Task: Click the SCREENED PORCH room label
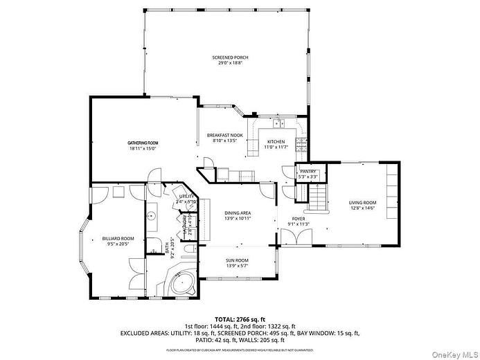pyautogui.click(x=230, y=57)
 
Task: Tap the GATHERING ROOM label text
pyautogui.click(x=143, y=143)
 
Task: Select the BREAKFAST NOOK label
pyautogui.click(x=225, y=135)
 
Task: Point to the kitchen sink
pyautogui.click(x=280, y=125)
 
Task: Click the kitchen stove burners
pyautogui.click(x=301, y=145)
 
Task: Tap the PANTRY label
pyautogui.click(x=308, y=171)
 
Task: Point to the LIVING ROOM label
pyautogui.click(x=362, y=202)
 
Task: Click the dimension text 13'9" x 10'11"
pyautogui.click(x=237, y=218)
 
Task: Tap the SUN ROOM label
pyautogui.click(x=237, y=260)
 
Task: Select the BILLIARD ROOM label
pyautogui.click(x=118, y=238)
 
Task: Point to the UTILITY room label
pyautogui.click(x=186, y=197)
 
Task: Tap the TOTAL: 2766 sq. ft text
pyautogui.click(x=239, y=318)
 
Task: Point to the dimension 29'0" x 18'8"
pyautogui.click(x=230, y=64)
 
